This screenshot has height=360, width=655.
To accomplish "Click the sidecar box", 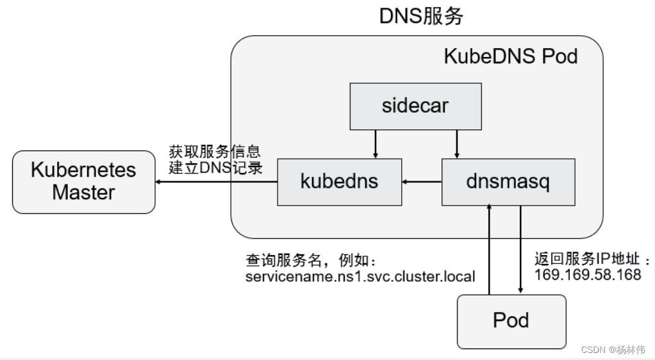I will [415, 106].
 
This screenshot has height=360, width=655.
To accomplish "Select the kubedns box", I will [339, 181].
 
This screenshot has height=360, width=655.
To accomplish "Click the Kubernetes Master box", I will [83, 182].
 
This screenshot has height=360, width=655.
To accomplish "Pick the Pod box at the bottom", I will [511, 320].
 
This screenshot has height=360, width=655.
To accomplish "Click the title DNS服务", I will [421, 17].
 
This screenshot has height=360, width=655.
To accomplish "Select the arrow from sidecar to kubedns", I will [376, 143].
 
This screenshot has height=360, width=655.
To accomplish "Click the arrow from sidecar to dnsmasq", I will [456, 143].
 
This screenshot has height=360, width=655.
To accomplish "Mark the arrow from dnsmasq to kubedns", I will [422, 182].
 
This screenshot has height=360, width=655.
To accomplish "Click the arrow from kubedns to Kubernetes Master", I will [216, 182].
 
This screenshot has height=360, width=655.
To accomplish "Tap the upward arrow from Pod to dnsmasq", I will [490, 250].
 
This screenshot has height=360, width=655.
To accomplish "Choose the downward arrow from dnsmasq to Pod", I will [520, 250].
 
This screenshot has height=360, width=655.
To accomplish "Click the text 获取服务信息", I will [215, 152].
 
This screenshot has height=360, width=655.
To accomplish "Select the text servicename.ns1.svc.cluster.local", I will [360, 277].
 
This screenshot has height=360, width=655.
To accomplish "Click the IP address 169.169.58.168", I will [588, 275].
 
